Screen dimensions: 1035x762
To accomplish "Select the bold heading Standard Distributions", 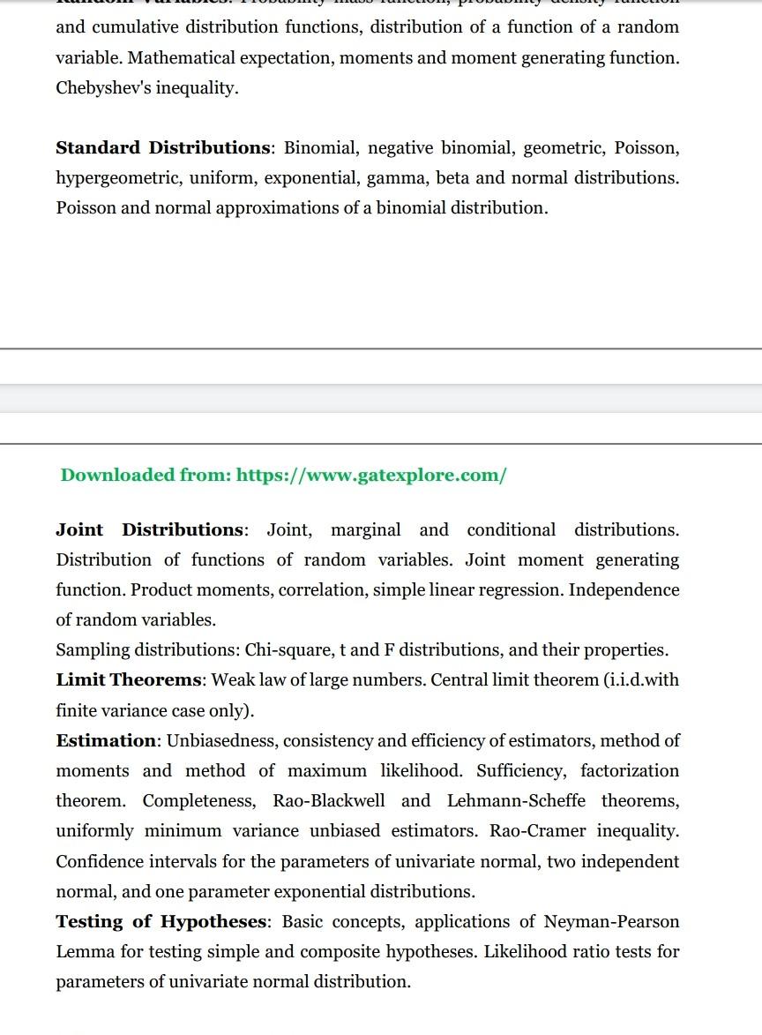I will click(163, 147).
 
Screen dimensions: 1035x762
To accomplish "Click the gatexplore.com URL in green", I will click(371, 476).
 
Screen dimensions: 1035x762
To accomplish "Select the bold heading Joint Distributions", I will click(150, 530).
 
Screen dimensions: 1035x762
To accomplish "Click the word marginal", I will click(365, 530).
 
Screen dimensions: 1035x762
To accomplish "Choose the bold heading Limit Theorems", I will click(130, 680).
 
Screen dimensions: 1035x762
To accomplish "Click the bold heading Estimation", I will click(105, 740).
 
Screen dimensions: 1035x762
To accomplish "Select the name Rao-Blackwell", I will click(329, 801).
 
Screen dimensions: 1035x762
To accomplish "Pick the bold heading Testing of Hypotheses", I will click(161, 922).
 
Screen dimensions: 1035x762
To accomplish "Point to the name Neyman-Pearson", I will click(611, 922).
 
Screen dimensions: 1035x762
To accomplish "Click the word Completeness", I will click(199, 801).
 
